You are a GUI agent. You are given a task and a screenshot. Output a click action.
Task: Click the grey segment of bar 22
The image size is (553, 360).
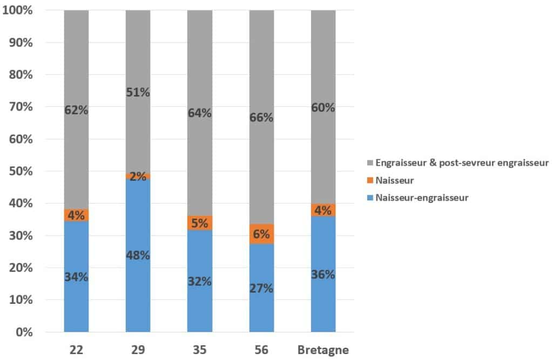pyautogui.click(x=76, y=65)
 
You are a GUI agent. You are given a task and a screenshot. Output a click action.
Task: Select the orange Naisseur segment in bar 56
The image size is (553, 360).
pyautogui.click(x=261, y=234)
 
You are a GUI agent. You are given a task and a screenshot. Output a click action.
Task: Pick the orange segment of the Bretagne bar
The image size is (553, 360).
pyautogui.click(x=323, y=209)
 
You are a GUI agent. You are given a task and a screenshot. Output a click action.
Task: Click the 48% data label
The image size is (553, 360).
pyautogui.click(x=138, y=255)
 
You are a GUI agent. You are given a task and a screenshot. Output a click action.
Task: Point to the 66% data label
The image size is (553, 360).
pyautogui.click(x=261, y=117)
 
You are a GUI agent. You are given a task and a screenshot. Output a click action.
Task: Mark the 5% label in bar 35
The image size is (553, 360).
pyautogui.click(x=200, y=223)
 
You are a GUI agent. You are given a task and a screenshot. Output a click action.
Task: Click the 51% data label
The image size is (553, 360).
pyautogui.click(x=138, y=92)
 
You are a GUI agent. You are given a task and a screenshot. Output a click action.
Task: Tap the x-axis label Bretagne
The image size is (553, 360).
pyautogui.click(x=323, y=350)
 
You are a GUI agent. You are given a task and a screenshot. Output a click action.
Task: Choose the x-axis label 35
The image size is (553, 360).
pyautogui.click(x=200, y=350)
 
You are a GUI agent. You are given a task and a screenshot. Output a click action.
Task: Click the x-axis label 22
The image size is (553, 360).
pyautogui.click(x=76, y=350)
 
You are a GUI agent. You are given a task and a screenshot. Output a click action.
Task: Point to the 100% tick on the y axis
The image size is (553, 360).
pyautogui.click(x=18, y=10)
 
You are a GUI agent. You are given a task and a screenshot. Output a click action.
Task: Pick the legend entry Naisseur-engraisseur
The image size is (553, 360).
pyautogui.click(x=422, y=198)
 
